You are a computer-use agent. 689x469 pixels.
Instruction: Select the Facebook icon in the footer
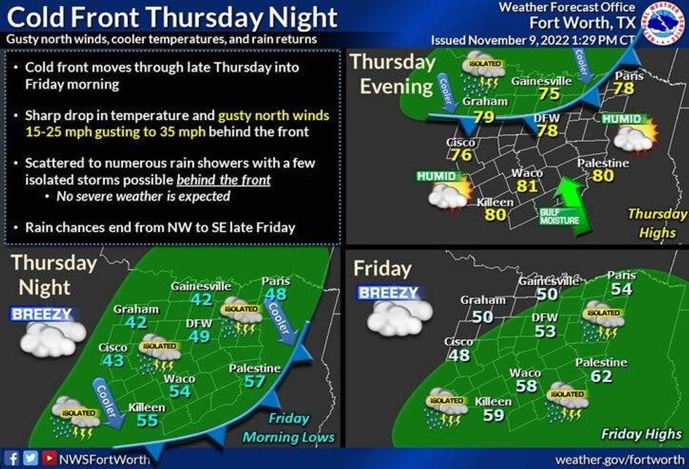click(13, 458)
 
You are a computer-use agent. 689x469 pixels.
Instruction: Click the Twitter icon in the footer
click(30, 458)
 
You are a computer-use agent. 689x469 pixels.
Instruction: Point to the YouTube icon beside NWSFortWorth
click(46, 458)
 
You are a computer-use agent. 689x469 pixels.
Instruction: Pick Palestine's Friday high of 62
click(601, 376)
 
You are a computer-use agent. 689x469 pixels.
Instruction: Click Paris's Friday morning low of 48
click(275, 294)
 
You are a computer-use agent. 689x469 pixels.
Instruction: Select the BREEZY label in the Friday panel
click(388, 293)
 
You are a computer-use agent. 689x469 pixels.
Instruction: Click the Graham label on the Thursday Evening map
click(485, 102)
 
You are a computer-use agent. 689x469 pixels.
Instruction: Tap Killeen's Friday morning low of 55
click(147, 421)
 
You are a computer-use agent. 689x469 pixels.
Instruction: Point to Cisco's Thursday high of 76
click(461, 154)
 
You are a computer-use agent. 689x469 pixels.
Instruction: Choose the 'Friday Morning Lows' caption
click(289, 428)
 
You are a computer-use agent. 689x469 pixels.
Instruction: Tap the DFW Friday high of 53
click(545, 331)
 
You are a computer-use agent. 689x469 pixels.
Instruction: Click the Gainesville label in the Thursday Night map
click(200, 286)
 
